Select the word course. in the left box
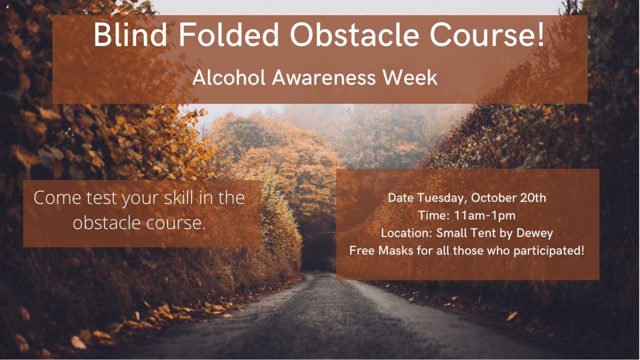pyautogui.click(x=175, y=223)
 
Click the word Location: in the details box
pyautogui.click(x=407, y=233)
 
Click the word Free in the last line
pyautogui.click(x=361, y=250)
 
